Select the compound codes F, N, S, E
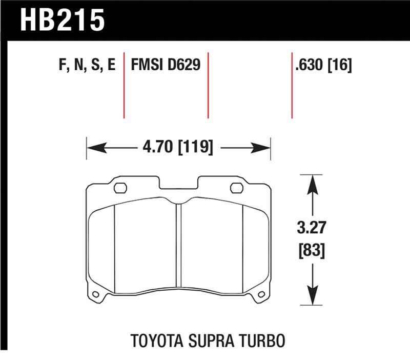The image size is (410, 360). pyautogui.click(x=84, y=66)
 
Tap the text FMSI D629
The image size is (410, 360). pyautogui.click(x=166, y=66)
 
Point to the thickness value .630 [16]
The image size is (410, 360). pyautogui.click(x=323, y=66)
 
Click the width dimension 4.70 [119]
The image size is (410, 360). pyautogui.click(x=178, y=148)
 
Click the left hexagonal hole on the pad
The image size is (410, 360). pyautogui.click(x=120, y=188)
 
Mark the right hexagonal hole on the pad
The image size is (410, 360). pyautogui.click(x=236, y=188)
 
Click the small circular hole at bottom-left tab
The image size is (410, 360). pyautogui.click(x=95, y=294)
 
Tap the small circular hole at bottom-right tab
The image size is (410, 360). pyautogui.click(x=261, y=294)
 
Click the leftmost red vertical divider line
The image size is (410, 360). pyautogui.click(x=124, y=85)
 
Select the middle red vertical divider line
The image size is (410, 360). pyautogui.click(x=208, y=85)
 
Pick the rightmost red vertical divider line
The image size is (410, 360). pyautogui.click(x=292, y=85)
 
